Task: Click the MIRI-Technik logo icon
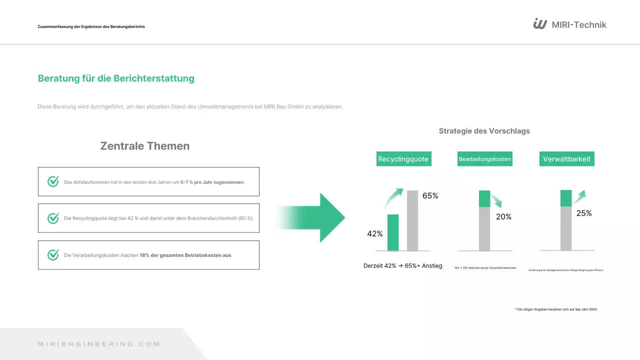540,24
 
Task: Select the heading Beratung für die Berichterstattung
116,78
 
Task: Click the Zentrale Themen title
145,146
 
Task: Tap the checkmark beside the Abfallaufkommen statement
53,181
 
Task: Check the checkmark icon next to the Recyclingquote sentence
53,218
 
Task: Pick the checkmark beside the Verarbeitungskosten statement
53,255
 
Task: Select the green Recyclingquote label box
403,159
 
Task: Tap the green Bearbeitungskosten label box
484,159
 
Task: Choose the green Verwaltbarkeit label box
567,159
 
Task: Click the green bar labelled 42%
393,232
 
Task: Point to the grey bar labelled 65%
412,220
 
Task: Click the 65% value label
430,196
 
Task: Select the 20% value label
503,217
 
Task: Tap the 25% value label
584,213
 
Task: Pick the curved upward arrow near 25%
579,197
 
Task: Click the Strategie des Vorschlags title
484,131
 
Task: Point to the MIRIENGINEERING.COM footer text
99,344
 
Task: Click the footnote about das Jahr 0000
556,309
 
